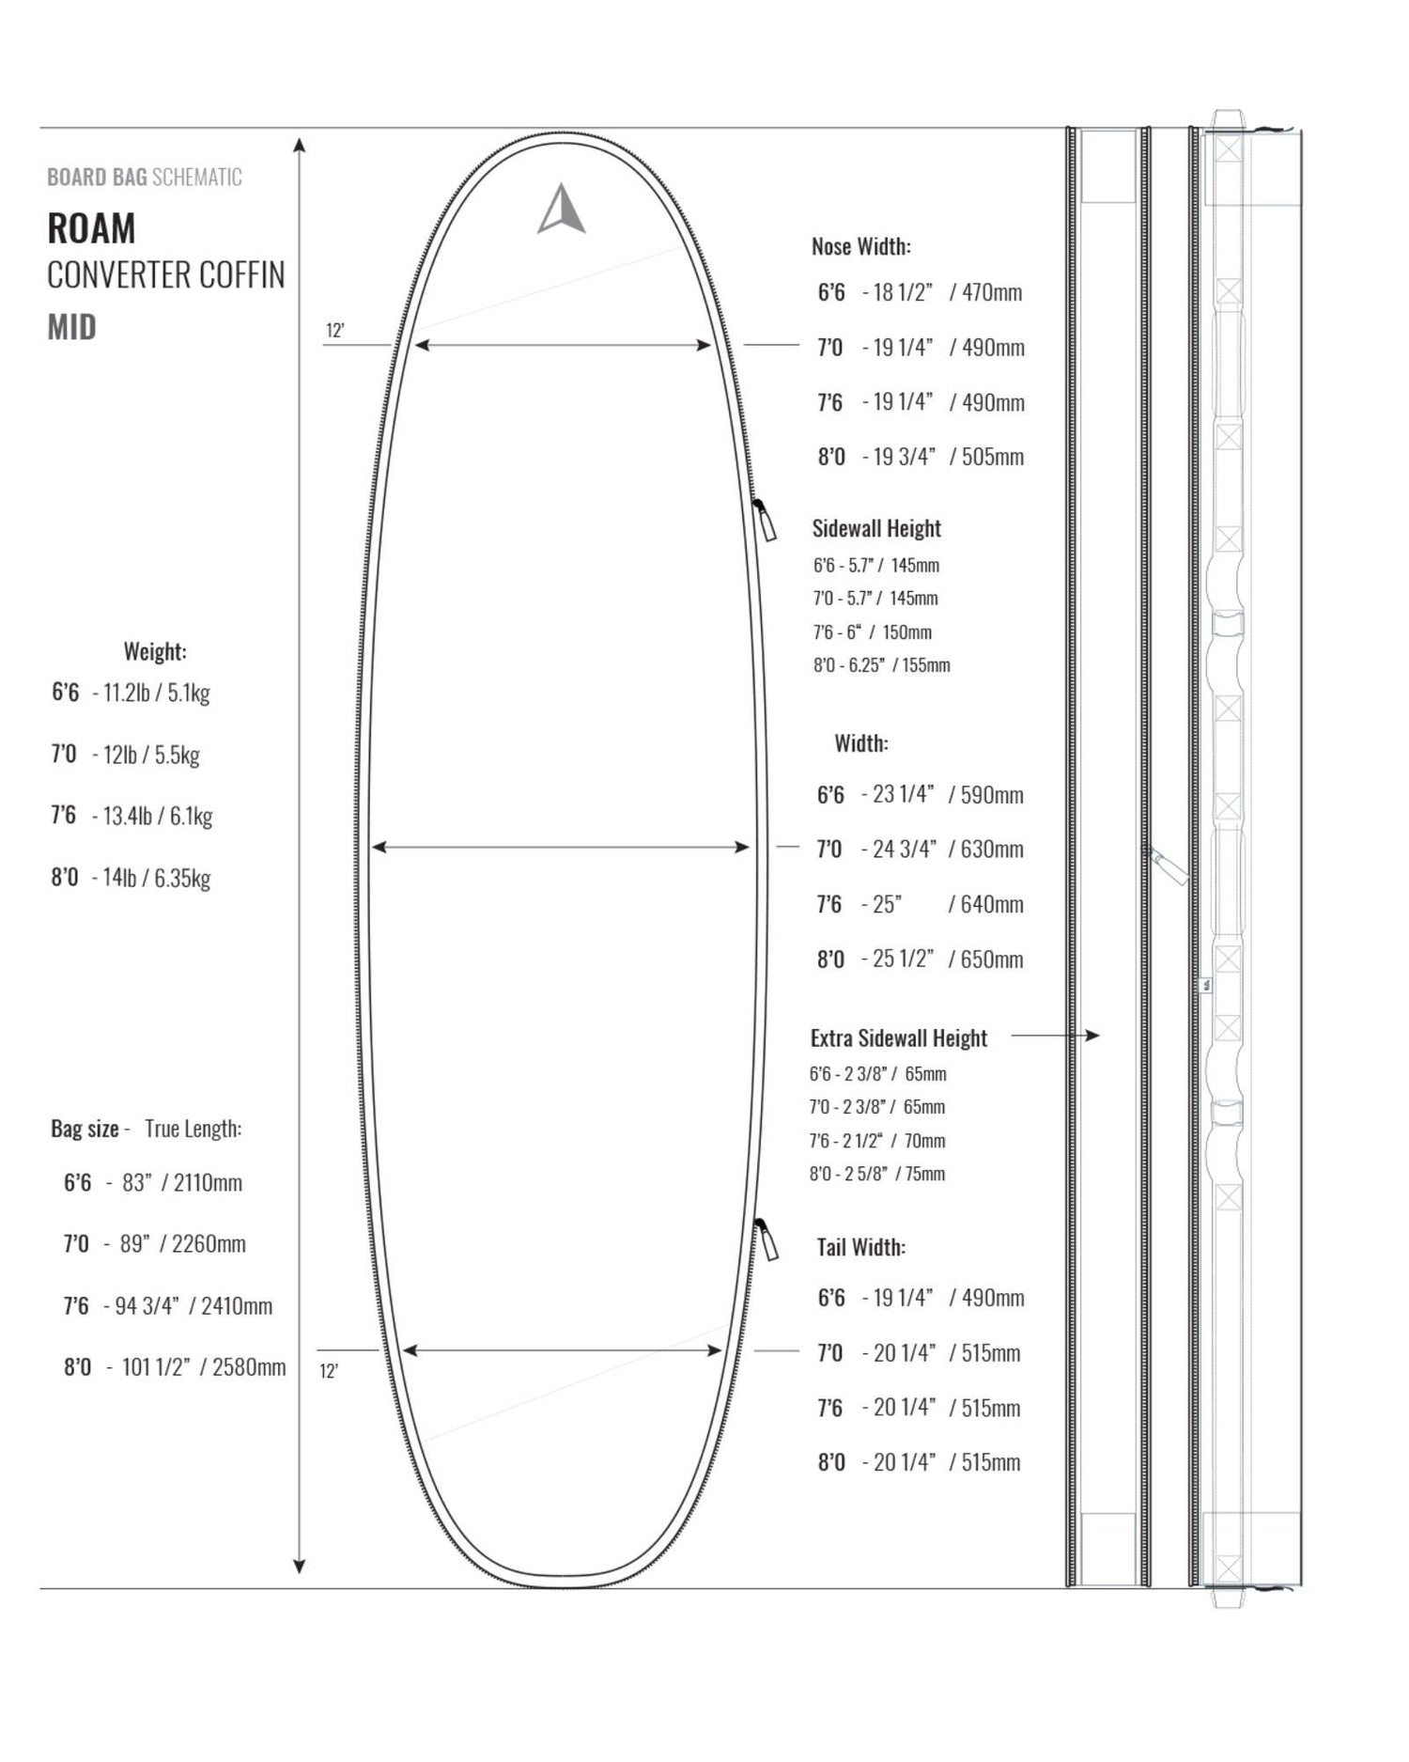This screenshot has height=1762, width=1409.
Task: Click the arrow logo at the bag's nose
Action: (x=562, y=210)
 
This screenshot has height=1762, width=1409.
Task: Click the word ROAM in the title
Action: (x=91, y=228)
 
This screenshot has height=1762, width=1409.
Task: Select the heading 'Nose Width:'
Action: (x=861, y=246)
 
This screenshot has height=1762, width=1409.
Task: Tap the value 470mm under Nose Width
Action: (x=992, y=292)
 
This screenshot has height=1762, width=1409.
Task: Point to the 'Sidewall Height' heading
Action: (x=876, y=528)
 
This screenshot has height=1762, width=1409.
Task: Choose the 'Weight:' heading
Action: (x=155, y=651)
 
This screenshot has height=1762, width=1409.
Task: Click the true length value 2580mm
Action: (x=249, y=1366)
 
